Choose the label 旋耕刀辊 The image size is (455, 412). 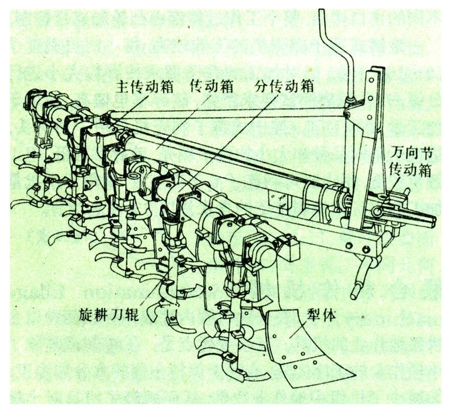111,313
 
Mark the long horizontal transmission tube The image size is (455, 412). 231,159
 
